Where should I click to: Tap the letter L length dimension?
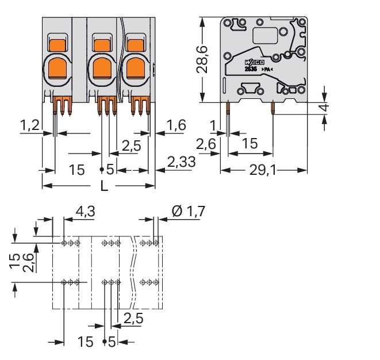pos(104,186)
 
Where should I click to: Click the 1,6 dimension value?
pos(177,125)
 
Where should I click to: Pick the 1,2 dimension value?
pos(30,125)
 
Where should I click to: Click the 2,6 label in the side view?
pos(206,145)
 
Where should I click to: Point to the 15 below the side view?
pos(249,144)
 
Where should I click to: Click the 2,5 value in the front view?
pos(131,146)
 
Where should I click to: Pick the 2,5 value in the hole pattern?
pos(133,318)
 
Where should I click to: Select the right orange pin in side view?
pos(272,107)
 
